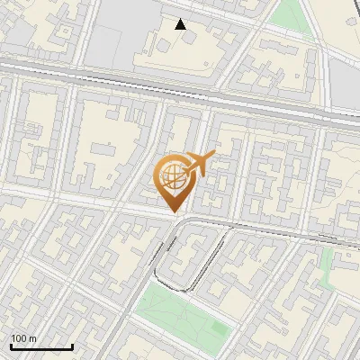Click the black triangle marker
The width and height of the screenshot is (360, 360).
coord(181,24)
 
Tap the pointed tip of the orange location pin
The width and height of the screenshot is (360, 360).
coord(175,213)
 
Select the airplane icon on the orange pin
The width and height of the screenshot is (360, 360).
coord(201,165)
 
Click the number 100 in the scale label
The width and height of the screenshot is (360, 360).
coord(19,337)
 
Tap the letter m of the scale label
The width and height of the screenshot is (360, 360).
coord(32,337)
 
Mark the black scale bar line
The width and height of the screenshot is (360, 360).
coord(41,346)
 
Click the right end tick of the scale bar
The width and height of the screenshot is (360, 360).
coord(72,345)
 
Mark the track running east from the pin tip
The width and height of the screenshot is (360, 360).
coord(270,230)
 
